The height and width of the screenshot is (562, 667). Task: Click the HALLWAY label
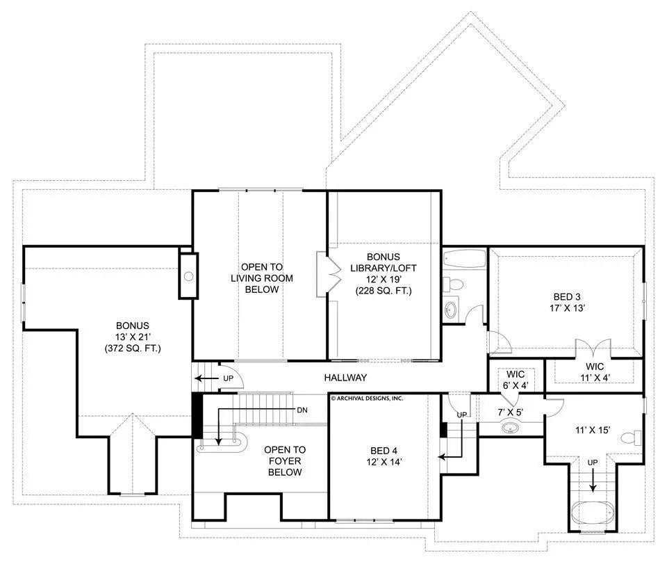[345, 377]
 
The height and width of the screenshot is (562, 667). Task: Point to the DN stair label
[302, 410]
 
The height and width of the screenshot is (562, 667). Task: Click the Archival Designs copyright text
[367, 399]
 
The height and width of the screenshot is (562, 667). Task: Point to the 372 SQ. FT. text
[133, 347]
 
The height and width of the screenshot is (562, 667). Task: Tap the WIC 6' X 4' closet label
[515, 378]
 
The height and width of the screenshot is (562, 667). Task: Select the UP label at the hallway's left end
[227, 379]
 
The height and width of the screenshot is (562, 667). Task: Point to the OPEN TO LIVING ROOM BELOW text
[262, 278]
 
